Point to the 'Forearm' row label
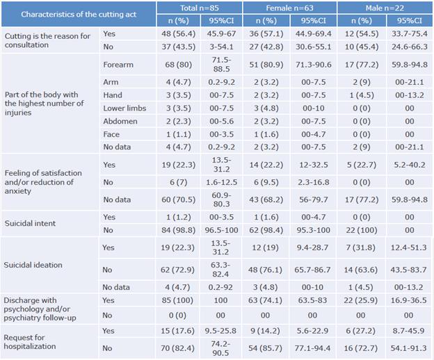pyautogui.click(x=118, y=65)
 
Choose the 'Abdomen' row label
pyautogui.click(x=120, y=120)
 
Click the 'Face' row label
pyautogui.click(x=113, y=133)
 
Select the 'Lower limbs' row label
pyautogui.click(x=124, y=108)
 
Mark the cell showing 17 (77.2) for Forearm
pyautogui.click(x=359, y=65)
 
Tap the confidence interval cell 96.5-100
pyautogui.click(x=221, y=230)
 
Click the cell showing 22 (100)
pyautogui.click(x=359, y=230)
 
